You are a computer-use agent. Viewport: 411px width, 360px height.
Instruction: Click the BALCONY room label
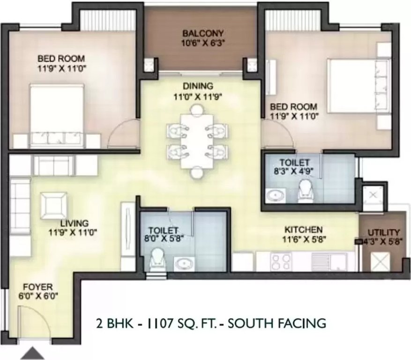pos(203,34)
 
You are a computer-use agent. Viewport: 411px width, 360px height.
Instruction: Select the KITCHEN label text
pos(304,230)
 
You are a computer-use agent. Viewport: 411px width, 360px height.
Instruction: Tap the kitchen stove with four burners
pos(281,262)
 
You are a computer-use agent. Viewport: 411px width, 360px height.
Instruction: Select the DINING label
pos(198,86)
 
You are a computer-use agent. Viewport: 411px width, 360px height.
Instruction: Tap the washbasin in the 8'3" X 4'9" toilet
pos(273,195)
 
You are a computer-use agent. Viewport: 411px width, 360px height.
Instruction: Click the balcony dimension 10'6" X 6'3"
pos(203,43)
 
